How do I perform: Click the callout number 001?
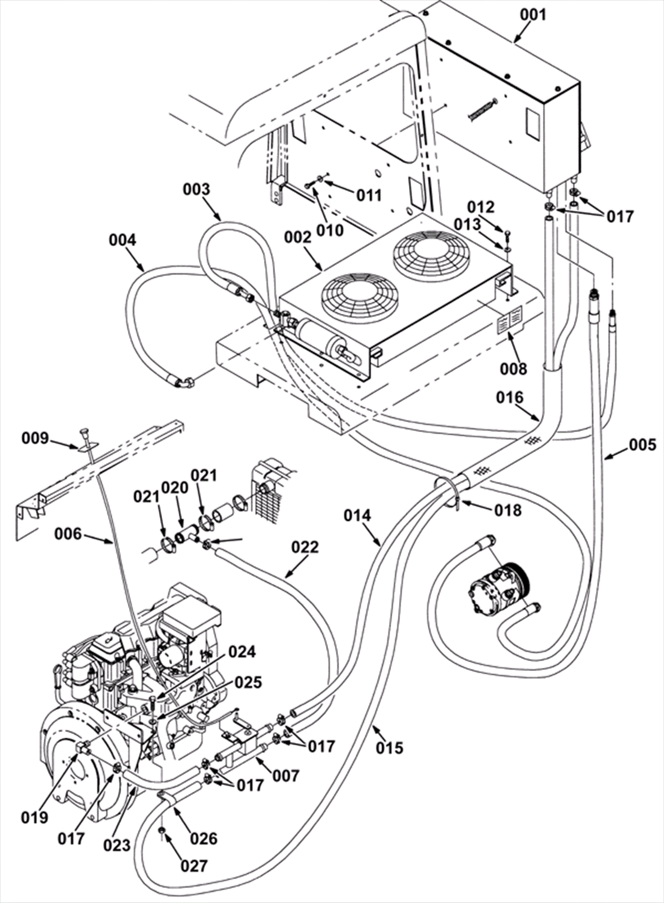click(x=534, y=15)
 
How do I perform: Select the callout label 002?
click(x=298, y=238)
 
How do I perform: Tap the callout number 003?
click(x=197, y=189)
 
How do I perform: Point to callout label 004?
click(x=123, y=240)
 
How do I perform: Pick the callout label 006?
click(x=68, y=534)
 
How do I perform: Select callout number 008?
click(x=513, y=368)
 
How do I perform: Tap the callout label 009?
click(x=35, y=438)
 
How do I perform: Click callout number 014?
click(x=357, y=516)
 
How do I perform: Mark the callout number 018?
click(x=509, y=510)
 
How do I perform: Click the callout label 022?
click(x=305, y=547)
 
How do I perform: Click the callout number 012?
click(x=481, y=207)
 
